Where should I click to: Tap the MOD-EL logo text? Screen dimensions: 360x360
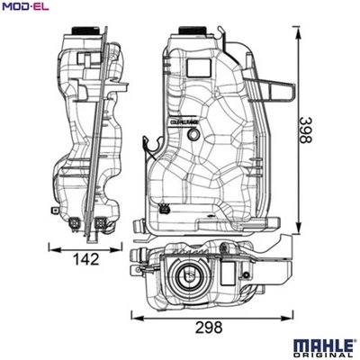pyautogui.click(x=24, y=8)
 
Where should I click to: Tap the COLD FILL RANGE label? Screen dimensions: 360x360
pyautogui.click(x=184, y=119)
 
